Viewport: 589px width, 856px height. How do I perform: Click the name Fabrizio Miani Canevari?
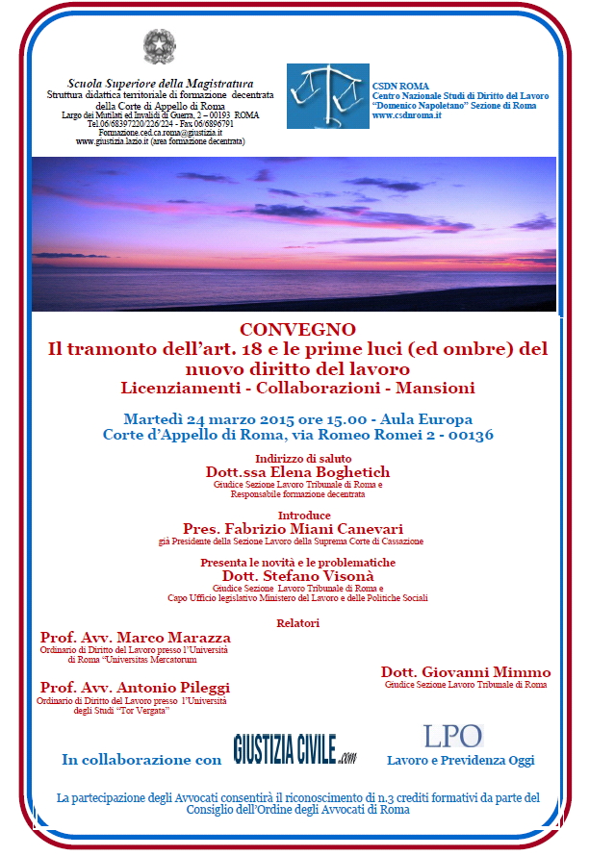click(319, 529)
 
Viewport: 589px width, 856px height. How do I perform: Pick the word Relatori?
click(297, 623)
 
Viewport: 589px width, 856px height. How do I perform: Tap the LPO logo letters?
click(452, 737)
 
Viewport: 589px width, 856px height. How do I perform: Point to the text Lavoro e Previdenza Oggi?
click(460, 761)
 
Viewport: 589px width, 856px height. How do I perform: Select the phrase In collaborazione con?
click(141, 760)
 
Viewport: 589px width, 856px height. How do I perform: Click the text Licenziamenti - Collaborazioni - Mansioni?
click(297, 388)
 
